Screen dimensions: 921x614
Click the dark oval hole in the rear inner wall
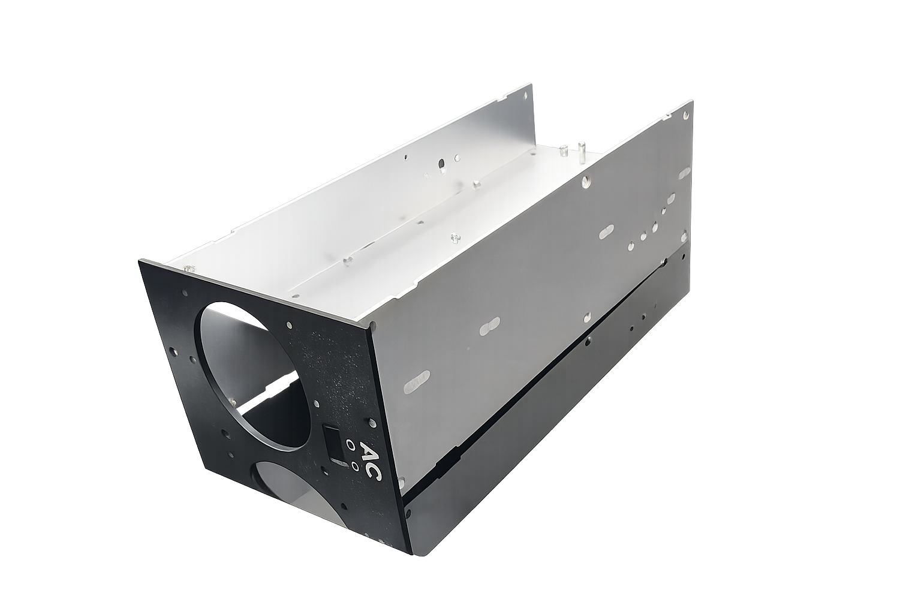click(441, 164)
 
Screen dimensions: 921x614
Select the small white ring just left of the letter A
click(350, 444)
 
